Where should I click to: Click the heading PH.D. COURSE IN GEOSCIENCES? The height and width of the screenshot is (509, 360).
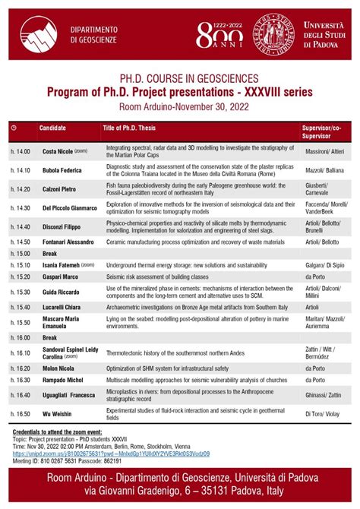pyautogui.click(x=179, y=78)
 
